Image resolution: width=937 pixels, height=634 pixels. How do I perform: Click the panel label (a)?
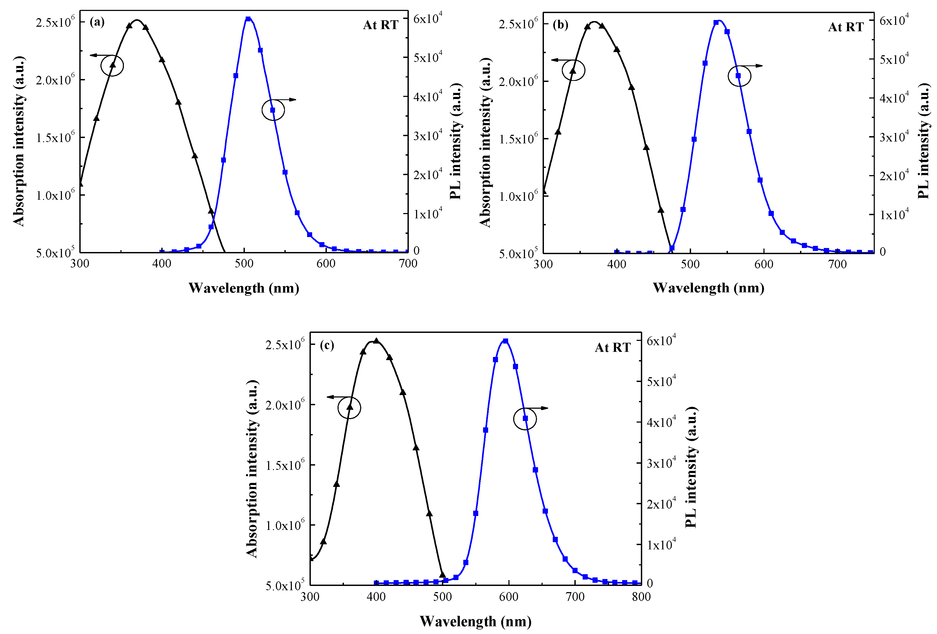point(97,22)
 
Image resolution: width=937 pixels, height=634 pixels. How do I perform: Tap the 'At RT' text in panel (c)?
point(613,347)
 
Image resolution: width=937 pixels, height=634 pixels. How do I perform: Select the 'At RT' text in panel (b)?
point(845,27)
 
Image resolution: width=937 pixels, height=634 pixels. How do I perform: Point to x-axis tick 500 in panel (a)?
point(244,263)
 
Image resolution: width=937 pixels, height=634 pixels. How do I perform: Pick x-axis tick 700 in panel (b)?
point(837,264)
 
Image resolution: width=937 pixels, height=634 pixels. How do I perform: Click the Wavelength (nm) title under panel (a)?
point(244,288)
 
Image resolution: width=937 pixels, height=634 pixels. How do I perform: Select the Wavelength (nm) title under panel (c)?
point(475,621)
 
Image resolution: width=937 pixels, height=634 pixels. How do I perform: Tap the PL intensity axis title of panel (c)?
point(691,467)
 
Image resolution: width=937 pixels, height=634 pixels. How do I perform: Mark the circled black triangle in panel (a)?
point(112,65)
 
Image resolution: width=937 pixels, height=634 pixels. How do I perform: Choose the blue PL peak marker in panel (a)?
point(248,19)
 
